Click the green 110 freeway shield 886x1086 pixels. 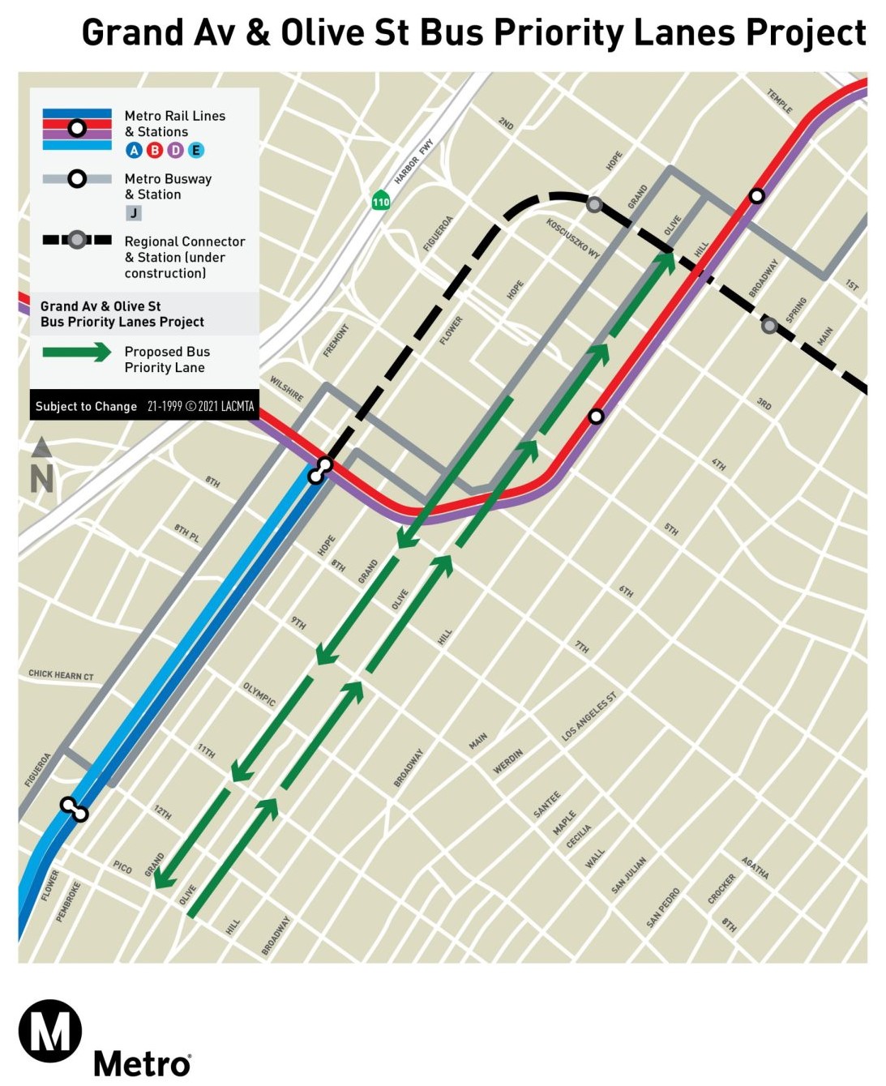380,200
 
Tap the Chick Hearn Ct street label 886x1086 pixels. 61,674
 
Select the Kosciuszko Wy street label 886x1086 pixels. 573,238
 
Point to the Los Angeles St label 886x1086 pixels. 589,717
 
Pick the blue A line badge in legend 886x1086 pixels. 134,150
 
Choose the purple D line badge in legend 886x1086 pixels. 175,150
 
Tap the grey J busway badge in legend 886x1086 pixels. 134,213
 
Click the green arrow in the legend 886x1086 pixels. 77,352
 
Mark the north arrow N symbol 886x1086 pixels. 41,468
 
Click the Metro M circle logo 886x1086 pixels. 50,1031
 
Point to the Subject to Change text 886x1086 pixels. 86,407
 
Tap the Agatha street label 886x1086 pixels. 755,868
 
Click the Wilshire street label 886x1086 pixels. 286,389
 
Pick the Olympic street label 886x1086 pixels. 259,695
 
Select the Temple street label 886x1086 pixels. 779,101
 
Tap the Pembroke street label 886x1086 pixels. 68,901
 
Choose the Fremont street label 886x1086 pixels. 336,340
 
